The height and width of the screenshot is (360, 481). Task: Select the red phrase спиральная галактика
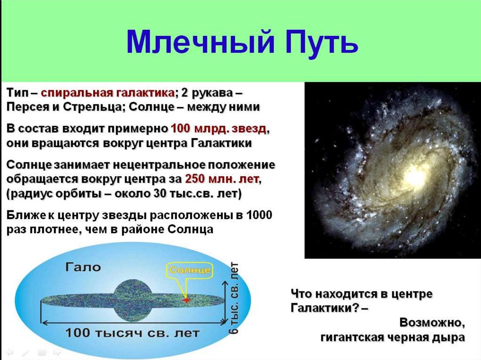108,93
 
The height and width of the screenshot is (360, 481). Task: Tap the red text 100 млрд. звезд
218,129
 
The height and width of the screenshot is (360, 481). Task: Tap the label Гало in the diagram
83,267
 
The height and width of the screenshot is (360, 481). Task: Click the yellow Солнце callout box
190,270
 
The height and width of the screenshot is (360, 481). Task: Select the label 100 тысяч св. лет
132,333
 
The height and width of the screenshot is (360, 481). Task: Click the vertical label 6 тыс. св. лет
234,298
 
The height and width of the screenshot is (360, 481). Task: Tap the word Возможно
432,322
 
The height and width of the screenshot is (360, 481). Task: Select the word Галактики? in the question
325,308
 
